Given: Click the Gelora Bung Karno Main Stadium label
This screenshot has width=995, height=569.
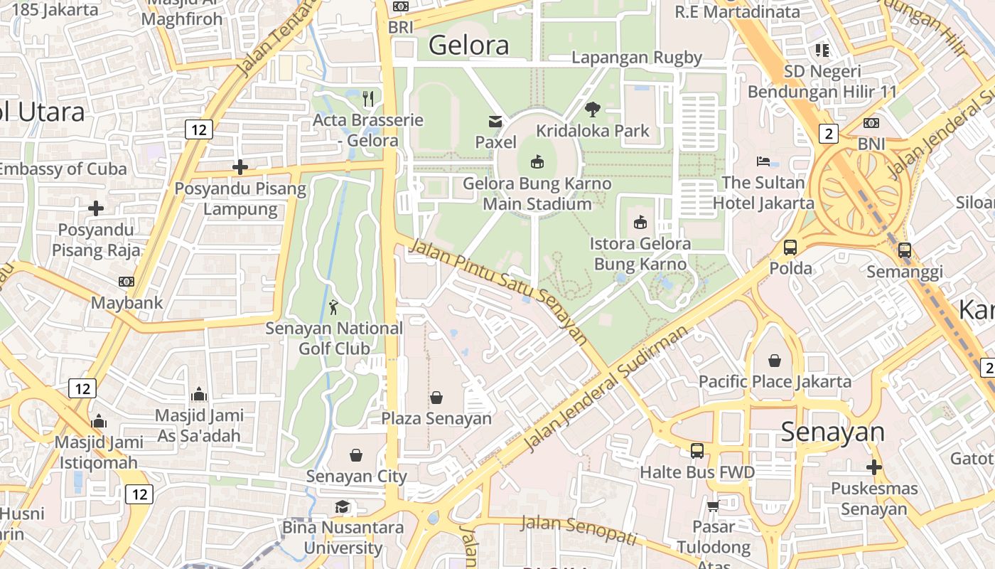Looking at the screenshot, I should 537,193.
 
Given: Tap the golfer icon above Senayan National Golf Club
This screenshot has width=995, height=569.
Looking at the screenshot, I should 334,307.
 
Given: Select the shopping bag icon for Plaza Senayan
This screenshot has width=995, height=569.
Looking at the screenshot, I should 436,398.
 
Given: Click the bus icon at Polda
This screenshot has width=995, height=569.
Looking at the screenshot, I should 790,248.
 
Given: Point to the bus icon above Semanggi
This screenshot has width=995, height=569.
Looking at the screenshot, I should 904,250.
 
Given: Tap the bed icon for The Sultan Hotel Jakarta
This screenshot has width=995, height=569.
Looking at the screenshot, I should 763,161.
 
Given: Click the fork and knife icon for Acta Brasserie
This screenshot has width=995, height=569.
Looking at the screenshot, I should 368,98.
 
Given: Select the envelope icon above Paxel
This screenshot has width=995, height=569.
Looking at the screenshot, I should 495,122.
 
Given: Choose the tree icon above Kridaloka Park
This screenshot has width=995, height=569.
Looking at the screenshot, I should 592,110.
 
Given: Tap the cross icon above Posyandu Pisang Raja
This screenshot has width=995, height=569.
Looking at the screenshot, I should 96,208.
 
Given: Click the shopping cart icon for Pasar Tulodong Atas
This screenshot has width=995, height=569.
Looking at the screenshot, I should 713,506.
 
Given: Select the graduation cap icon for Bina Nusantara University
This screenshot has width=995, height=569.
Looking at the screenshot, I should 343,506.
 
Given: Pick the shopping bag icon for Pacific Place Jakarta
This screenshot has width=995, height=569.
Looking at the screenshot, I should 775,361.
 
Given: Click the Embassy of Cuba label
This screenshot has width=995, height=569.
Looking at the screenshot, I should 63,169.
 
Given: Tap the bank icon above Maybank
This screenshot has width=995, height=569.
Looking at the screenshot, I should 127,282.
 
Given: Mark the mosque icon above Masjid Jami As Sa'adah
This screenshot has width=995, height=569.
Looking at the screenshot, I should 198,394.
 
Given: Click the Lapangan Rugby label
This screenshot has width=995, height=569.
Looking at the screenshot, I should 637,58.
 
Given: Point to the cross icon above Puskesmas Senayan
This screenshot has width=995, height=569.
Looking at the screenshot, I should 874,467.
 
